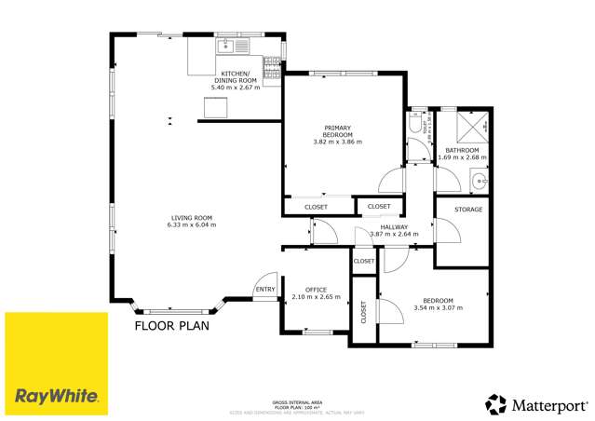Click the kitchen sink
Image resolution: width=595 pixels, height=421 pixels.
click(x=229, y=44)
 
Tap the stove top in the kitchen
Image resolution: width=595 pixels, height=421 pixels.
click(x=272, y=63)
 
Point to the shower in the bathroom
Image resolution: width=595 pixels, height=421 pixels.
click(x=475, y=125)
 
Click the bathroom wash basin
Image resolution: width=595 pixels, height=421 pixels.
click(x=480, y=181)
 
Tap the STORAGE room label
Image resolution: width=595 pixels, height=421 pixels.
click(x=468, y=210)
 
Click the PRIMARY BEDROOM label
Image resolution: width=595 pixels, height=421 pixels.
click(x=336, y=131)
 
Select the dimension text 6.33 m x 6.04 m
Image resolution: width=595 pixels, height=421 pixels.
click(x=191, y=224)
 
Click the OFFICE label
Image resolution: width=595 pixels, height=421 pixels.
click(x=316, y=290)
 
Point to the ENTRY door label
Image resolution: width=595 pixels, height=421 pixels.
click(x=265, y=290)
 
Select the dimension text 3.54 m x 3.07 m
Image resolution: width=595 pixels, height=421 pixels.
click(x=438, y=307)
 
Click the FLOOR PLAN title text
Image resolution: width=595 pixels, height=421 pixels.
click(x=172, y=326)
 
